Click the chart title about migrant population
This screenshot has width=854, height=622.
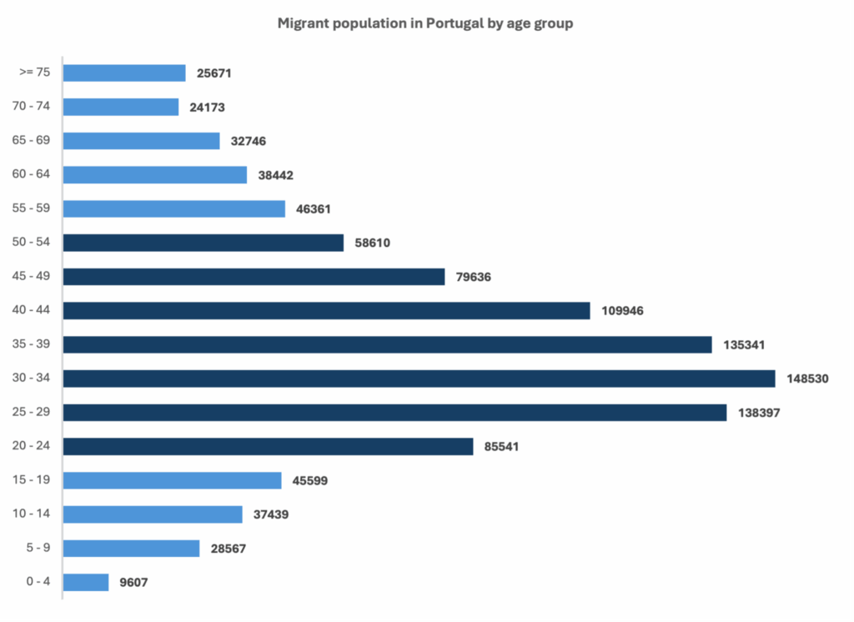click(425, 23)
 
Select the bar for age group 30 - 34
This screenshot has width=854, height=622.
click(419, 379)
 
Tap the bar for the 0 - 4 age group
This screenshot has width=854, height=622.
click(86, 582)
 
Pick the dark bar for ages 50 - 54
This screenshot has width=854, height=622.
click(203, 243)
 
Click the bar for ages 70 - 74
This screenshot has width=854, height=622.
click(121, 107)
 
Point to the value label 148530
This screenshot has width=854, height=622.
click(807, 379)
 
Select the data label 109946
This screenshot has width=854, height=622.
click(622, 311)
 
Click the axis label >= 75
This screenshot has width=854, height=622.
click(35, 73)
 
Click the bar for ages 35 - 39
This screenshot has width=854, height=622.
click(387, 344)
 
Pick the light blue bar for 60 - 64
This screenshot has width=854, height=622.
click(155, 175)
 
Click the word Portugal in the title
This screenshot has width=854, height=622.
click(455, 23)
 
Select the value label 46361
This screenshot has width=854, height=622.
click(314, 209)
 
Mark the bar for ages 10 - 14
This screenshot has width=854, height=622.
click(153, 514)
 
